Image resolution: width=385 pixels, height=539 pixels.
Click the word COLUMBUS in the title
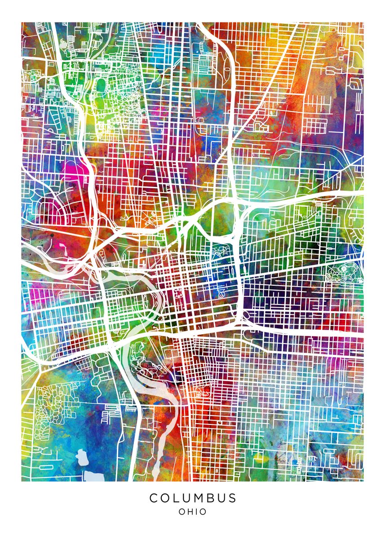click(193, 498)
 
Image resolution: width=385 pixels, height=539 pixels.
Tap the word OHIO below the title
click(193, 512)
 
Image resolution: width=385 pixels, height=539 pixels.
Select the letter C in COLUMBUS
click(154, 498)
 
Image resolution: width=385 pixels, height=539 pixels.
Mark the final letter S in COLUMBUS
click(232, 498)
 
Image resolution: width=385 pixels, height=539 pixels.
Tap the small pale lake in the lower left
click(82, 457)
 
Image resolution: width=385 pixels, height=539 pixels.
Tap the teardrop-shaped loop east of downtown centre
click(221, 293)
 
